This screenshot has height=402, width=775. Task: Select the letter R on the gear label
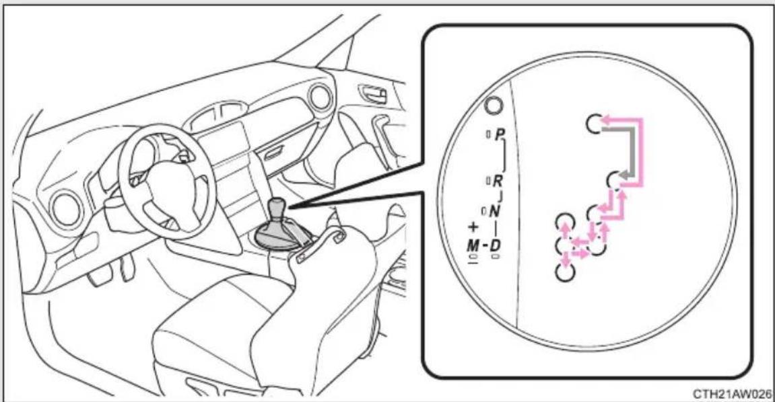point(497,181)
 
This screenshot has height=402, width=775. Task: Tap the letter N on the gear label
point(494,211)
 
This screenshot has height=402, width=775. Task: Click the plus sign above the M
point(473,227)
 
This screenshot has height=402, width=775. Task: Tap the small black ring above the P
point(494,105)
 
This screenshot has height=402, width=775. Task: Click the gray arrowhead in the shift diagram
point(626,175)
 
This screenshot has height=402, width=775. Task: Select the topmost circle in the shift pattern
point(593,123)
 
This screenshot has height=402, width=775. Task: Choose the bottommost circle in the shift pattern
point(565,272)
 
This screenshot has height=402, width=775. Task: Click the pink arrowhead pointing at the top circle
point(606,119)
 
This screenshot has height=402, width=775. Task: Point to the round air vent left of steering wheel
point(67,210)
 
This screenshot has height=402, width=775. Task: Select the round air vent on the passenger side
point(320,97)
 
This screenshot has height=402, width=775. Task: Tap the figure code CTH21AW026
point(732,394)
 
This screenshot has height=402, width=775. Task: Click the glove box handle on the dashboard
point(273,153)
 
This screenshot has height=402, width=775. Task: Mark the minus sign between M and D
point(484,244)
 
